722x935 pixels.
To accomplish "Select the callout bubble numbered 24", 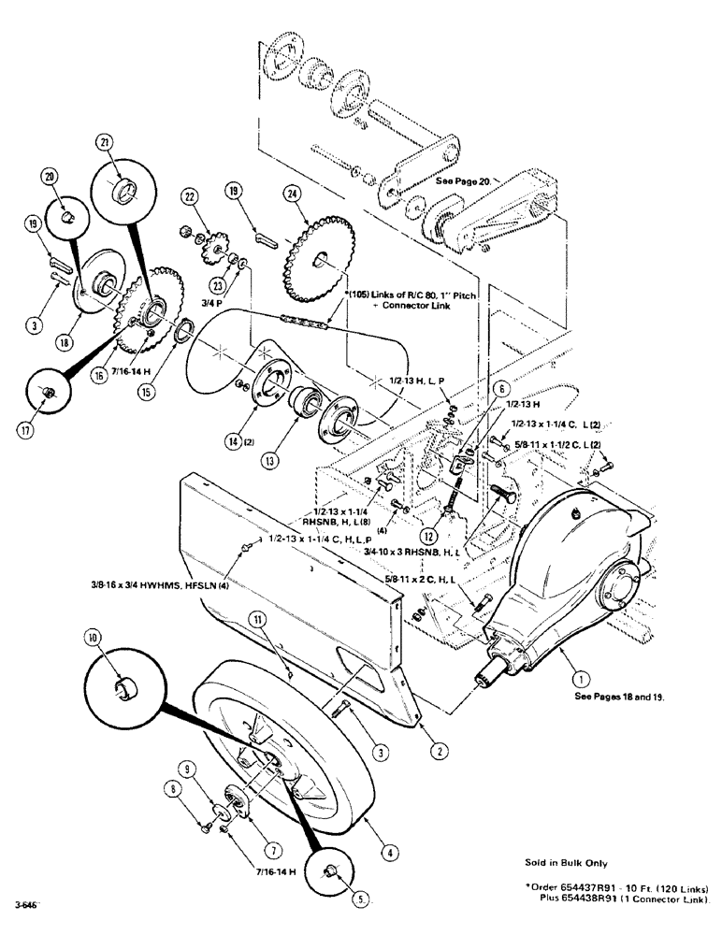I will click(x=292, y=194).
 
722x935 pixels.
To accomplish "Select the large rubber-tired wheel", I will click(x=281, y=739).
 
